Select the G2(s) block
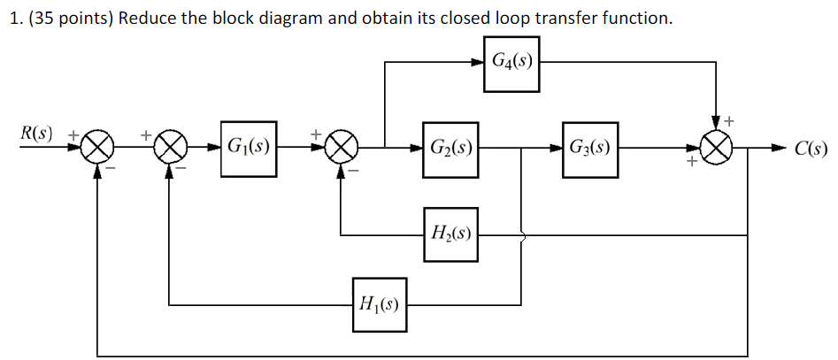point(450,147)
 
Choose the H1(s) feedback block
point(379,305)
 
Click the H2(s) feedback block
point(450,235)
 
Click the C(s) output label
point(810,149)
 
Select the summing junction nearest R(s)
point(99,147)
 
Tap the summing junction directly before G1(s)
point(170,147)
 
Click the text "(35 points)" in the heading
point(65,19)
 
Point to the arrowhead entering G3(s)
point(555,147)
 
